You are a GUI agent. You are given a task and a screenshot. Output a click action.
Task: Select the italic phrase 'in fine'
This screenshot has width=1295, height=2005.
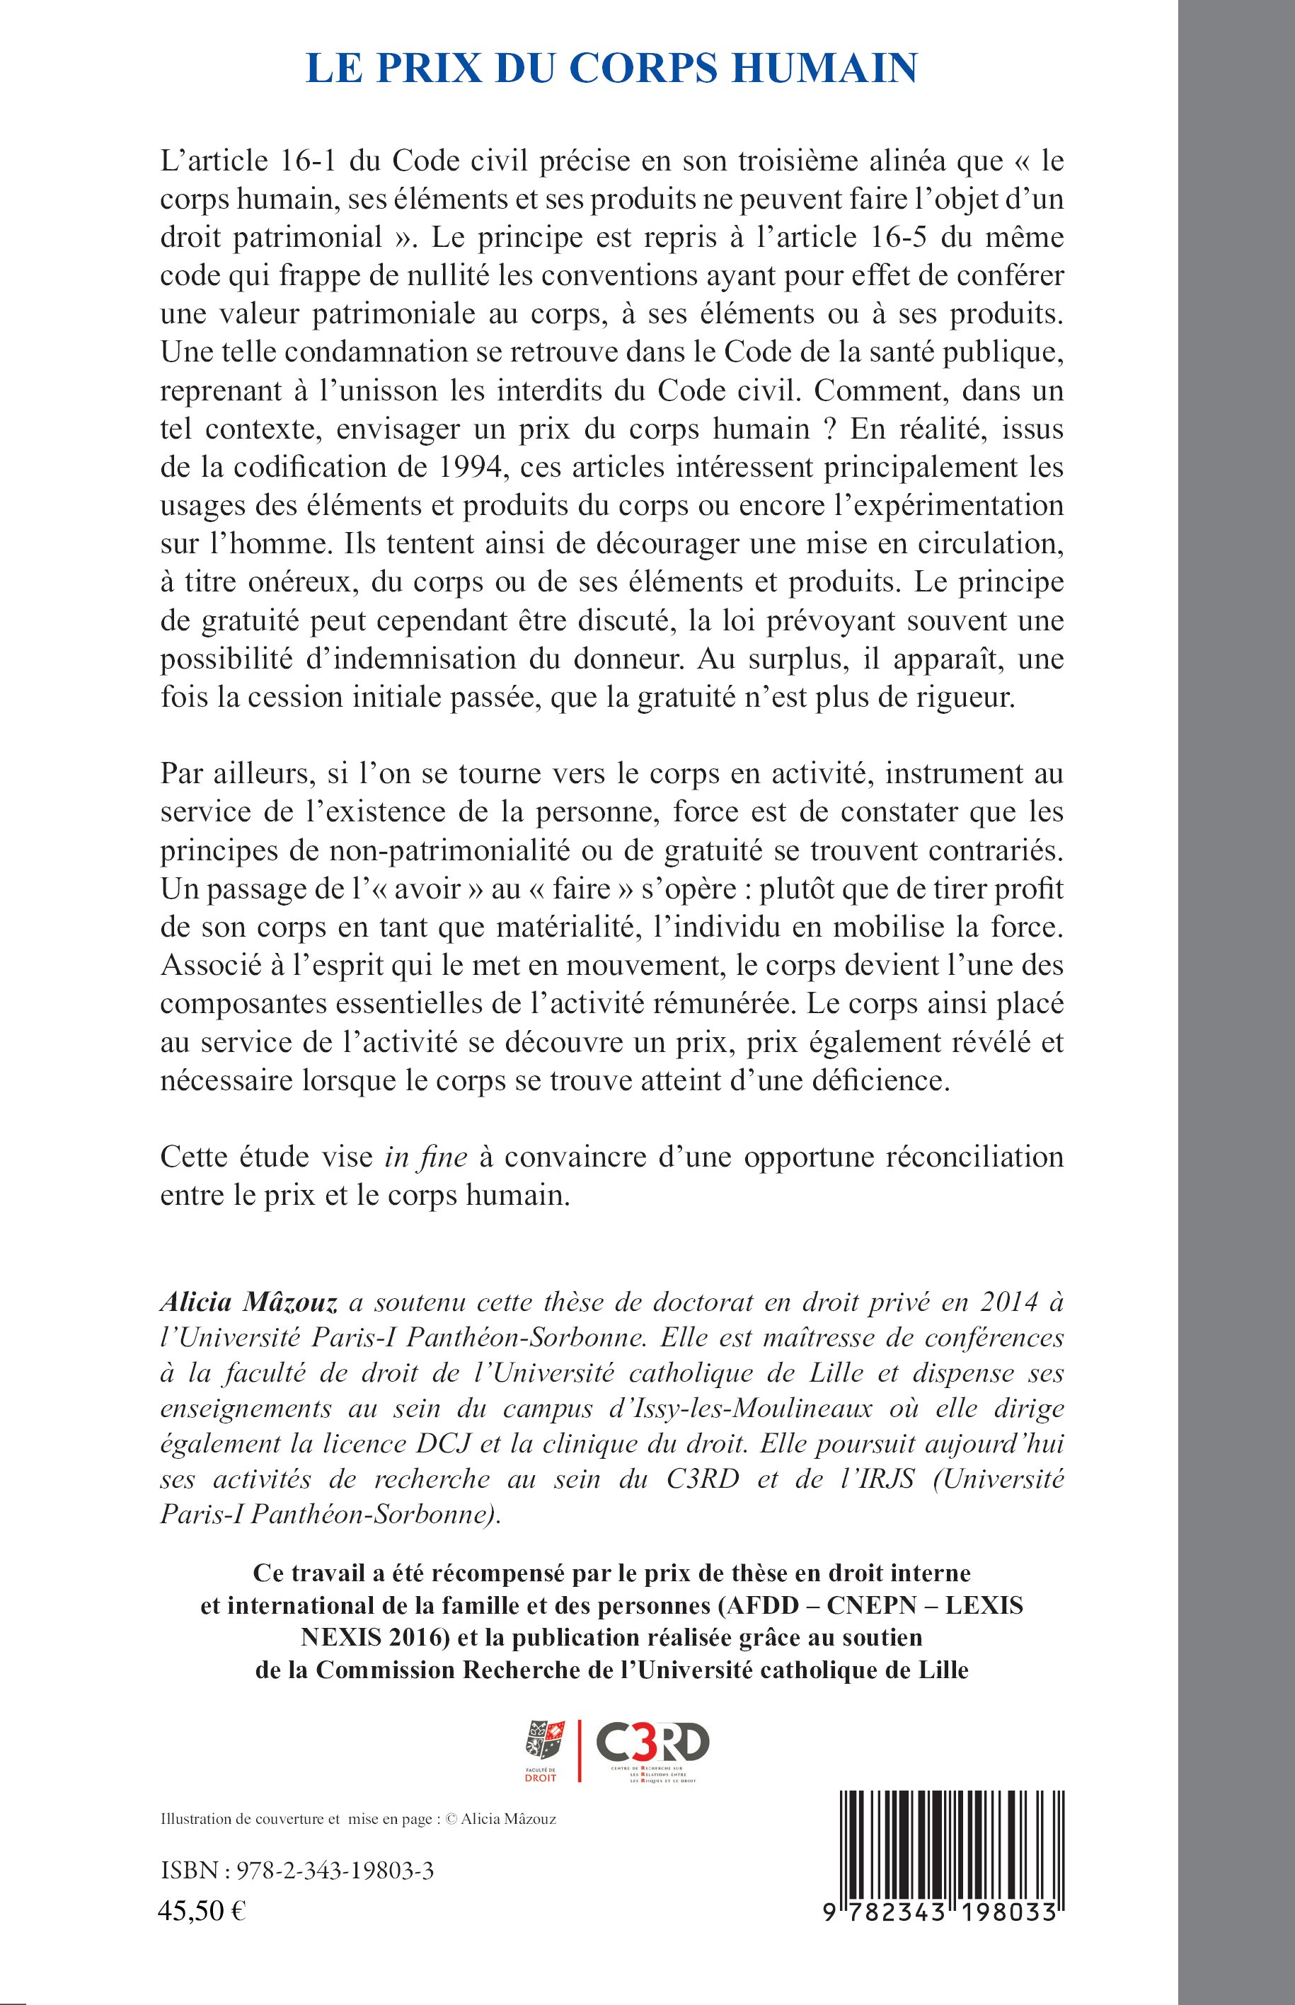(425, 1157)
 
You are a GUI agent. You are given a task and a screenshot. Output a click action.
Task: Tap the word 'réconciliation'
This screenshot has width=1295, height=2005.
(975, 1157)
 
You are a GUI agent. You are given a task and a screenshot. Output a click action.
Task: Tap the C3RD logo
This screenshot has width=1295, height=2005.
(652, 1747)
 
